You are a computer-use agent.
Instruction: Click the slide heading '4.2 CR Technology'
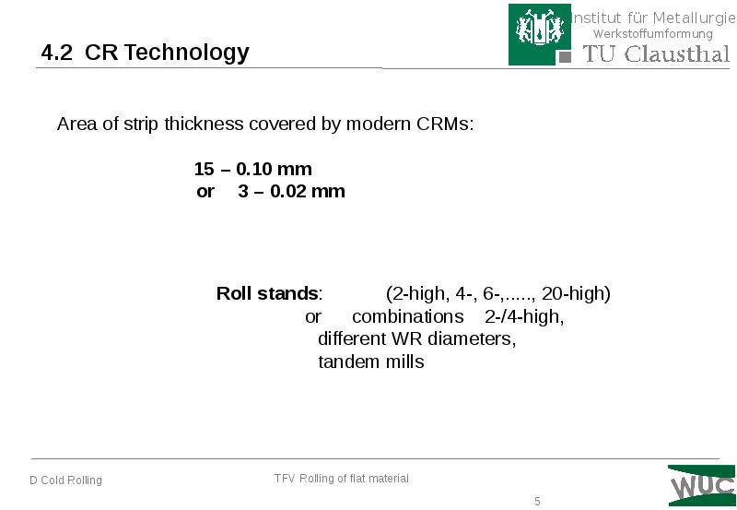tap(145, 53)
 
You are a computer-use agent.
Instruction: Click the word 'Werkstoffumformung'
tap(652, 34)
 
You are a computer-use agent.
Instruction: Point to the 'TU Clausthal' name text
tap(656, 53)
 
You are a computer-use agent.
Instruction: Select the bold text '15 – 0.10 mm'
tap(252, 170)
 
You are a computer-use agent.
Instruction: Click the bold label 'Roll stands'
tap(267, 294)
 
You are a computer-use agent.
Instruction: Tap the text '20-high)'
tap(576, 294)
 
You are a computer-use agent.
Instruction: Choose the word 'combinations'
tap(407, 316)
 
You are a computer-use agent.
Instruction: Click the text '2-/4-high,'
tap(524, 316)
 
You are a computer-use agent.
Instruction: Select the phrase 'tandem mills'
tap(370, 362)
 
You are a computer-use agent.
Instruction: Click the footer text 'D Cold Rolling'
tap(65, 480)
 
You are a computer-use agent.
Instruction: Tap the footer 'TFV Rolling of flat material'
tap(341, 478)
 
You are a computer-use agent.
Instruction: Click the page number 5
tap(537, 501)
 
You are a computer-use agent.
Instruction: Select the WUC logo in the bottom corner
tap(702, 485)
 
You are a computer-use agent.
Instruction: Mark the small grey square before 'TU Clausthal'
tap(565, 55)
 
